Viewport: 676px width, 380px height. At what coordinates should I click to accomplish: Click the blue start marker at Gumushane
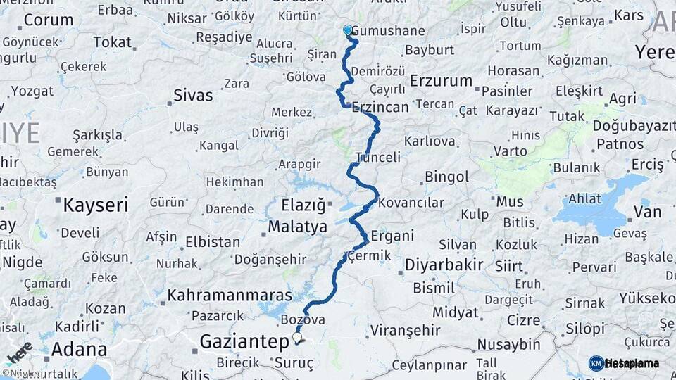coord(347,30)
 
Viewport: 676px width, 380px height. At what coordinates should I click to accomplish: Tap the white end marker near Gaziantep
coord(297,338)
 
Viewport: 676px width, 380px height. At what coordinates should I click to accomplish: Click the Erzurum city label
coord(441,80)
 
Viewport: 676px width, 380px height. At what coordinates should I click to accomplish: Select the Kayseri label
coord(96,205)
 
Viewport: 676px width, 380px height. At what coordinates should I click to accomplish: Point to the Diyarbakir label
coord(444,265)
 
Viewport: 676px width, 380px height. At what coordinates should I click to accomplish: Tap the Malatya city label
coord(297,227)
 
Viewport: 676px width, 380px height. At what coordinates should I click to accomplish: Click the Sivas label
coord(193,95)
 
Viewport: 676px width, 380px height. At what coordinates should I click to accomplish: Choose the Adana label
coord(80,349)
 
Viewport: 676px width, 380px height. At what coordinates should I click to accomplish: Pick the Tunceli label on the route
coord(378,157)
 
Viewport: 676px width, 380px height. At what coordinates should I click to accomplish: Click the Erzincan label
coord(380,108)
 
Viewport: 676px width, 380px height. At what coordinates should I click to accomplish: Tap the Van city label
coord(647,212)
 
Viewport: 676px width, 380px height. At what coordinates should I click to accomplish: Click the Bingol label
coord(446,177)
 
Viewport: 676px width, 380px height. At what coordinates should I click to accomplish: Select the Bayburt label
coord(429,50)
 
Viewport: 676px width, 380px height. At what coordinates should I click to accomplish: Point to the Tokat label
coord(113,42)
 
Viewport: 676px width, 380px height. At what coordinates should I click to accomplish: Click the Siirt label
coord(508,266)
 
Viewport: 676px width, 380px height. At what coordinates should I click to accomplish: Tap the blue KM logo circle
coord(596,363)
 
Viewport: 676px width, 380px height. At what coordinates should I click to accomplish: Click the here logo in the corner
coord(19,353)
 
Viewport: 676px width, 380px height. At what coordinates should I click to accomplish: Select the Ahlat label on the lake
coord(584,198)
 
